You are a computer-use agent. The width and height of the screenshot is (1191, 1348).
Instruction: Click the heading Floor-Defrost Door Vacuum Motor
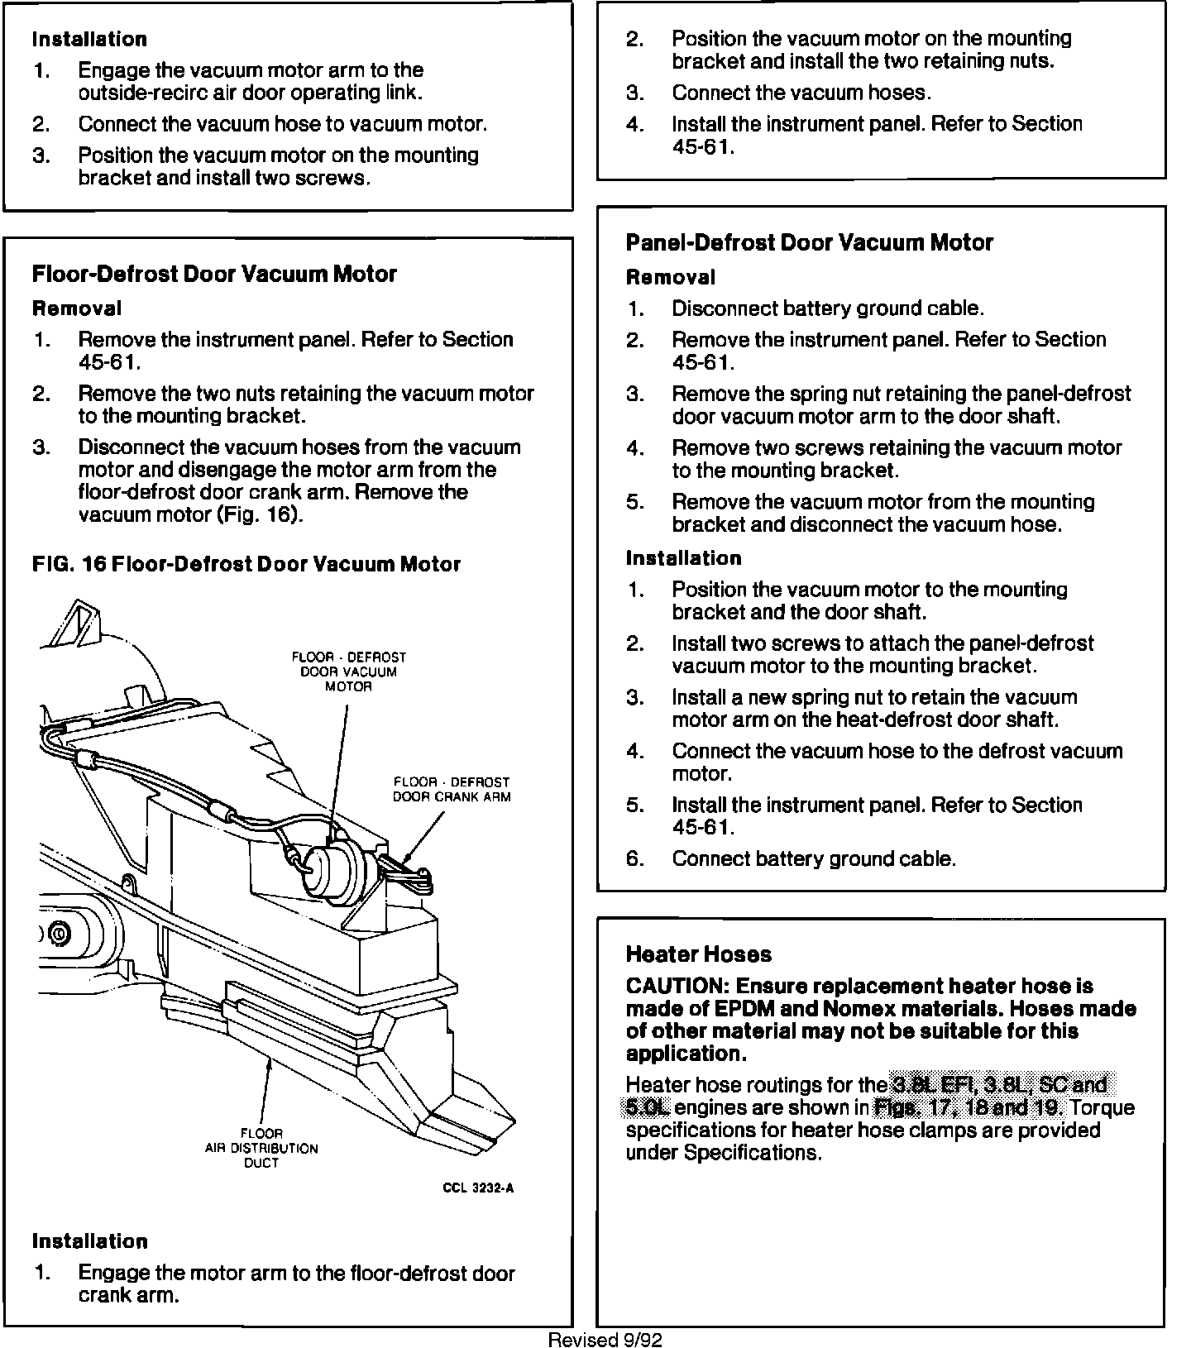(214, 274)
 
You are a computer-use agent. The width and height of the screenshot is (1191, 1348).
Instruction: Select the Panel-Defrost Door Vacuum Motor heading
(809, 242)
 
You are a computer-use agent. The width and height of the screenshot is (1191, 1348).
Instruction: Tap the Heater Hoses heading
(698, 954)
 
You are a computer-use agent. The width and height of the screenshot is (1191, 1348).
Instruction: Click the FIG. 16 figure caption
(246, 564)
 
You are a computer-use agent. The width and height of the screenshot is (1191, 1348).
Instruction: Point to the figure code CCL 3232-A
(478, 1188)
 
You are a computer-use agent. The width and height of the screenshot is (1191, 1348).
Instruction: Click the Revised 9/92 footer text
(605, 1340)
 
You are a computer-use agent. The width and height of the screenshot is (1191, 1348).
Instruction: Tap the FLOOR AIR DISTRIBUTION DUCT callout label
(261, 1148)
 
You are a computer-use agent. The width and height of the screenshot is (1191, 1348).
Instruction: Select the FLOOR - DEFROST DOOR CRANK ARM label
(451, 790)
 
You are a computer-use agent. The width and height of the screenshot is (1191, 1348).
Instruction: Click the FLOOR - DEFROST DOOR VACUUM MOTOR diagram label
(348, 672)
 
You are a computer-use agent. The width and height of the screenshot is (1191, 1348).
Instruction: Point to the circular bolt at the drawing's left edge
(60, 934)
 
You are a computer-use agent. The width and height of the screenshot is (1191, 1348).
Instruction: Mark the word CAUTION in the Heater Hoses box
(675, 986)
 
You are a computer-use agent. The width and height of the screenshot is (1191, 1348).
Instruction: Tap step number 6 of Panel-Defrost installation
(634, 858)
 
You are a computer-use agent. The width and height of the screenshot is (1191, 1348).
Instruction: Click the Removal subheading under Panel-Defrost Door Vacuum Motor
(670, 277)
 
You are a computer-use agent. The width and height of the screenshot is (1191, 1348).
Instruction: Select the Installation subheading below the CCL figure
(89, 1240)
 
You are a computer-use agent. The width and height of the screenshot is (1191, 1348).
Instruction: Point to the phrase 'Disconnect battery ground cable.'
(827, 308)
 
